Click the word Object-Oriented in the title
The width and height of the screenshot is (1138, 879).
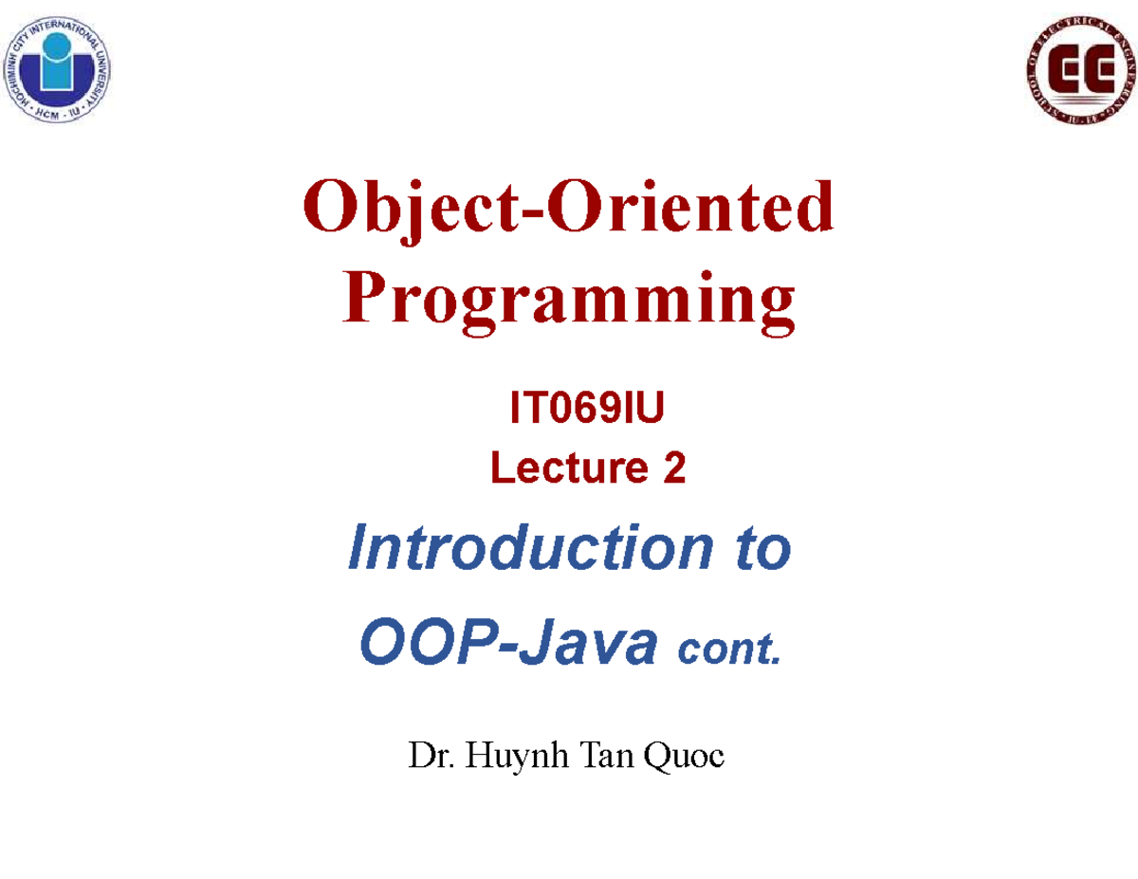568,210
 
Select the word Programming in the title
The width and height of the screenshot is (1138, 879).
569,302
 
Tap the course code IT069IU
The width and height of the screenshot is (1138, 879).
586,407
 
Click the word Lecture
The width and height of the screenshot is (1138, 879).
569,467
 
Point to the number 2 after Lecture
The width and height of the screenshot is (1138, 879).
674,467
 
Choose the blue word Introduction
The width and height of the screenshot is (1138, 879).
530,547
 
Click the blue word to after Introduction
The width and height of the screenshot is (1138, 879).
763,548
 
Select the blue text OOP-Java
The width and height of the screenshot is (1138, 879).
508,641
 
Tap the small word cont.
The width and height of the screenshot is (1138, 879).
729,649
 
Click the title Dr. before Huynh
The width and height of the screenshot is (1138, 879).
431,756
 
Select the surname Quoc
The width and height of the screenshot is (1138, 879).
685,757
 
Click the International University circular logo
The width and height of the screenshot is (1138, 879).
57,69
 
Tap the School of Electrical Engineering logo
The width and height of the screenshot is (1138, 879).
1081,69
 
